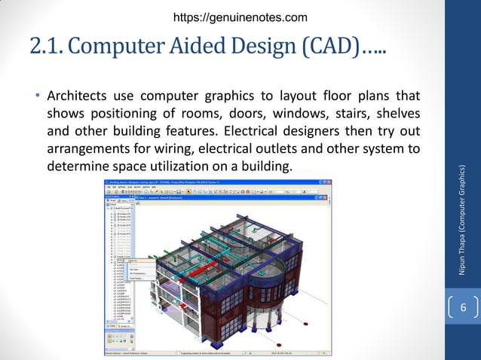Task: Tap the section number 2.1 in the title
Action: coord(48,47)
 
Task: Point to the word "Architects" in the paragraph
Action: coord(77,97)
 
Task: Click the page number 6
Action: coord(464,308)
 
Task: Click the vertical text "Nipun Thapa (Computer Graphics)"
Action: coord(464,218)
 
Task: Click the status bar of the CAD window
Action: coord(226,351)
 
